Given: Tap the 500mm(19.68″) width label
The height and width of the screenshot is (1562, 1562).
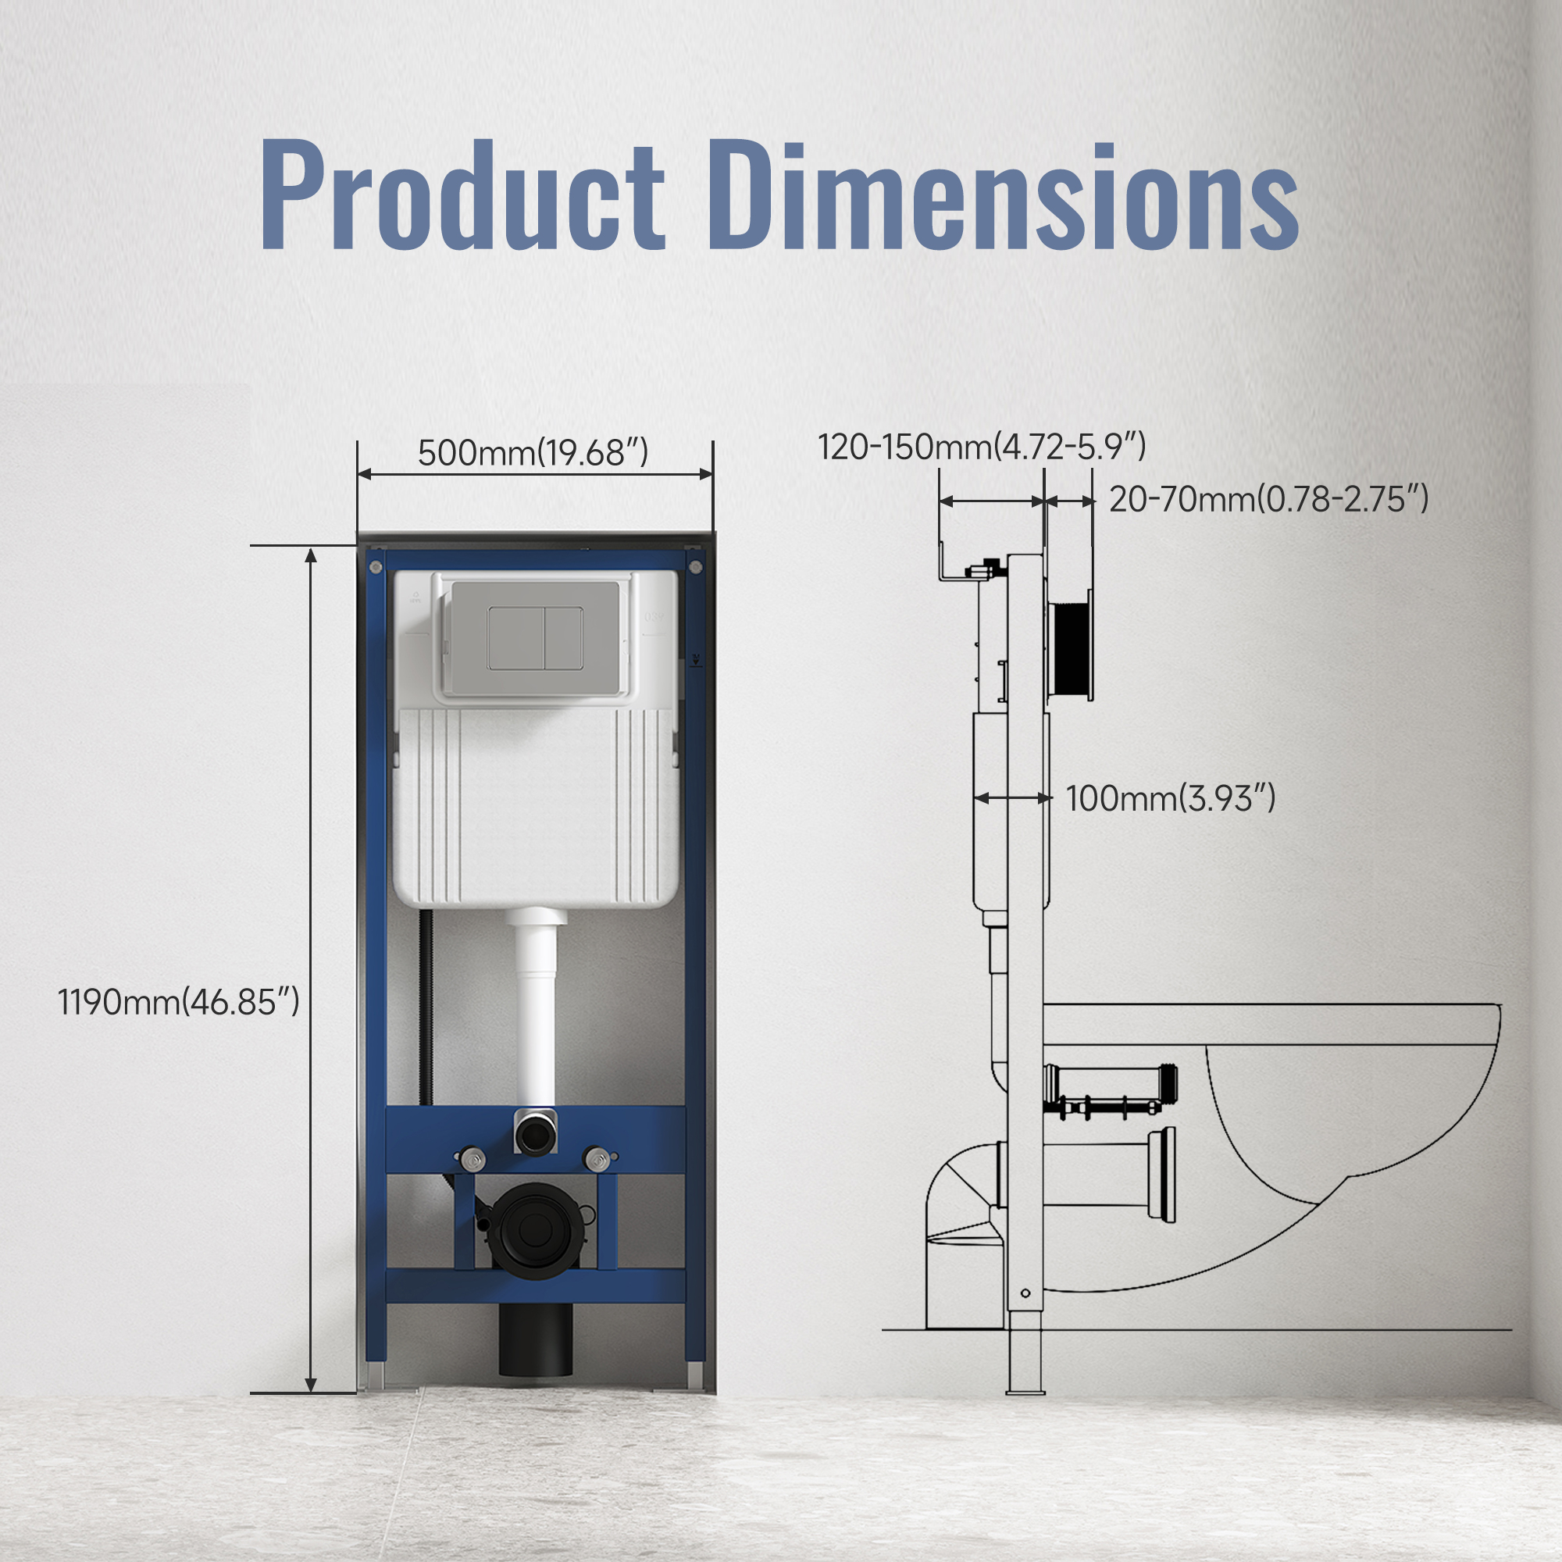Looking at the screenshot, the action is click(x=533, y=453).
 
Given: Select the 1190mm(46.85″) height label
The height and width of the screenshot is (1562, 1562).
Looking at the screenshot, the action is click(x=179, y=1003).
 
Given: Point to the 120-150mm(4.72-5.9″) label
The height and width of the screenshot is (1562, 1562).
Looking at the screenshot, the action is click(x=982, y=446).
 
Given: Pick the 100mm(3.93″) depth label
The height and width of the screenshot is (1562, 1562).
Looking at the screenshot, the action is click(x=1171, y=799).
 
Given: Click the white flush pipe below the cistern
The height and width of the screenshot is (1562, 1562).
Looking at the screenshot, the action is click(x=535, y=1011).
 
